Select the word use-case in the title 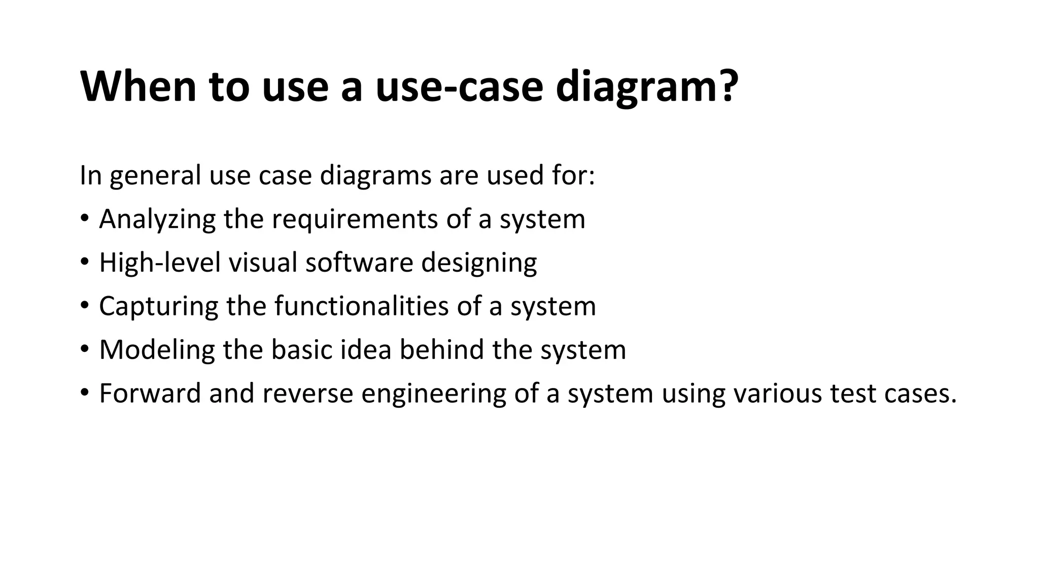point(459,86)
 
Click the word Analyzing point(157,219)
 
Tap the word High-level point(159,263)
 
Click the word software point(359,263)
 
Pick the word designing point(478,264)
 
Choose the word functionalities point(362,306)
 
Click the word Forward point(150,394)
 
